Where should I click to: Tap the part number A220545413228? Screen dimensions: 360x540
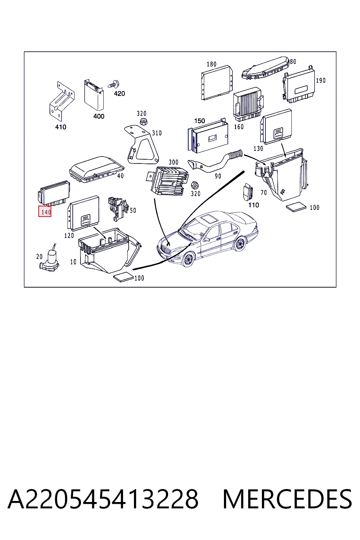(x=103, y=499)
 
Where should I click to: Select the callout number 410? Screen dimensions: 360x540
(x=61, y=127)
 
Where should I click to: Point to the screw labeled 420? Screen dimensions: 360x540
(x=114, y=84)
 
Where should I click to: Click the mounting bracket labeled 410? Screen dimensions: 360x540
(x=62, y=101)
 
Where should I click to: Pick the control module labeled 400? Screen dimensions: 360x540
(x=94, y=95)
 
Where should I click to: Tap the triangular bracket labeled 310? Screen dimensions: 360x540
(x=141, y=144)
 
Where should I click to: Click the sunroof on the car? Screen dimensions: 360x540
(x=209, y=219)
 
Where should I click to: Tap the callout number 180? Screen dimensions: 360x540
(x=212, y=64)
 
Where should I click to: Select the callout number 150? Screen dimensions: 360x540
(x=200, y=121)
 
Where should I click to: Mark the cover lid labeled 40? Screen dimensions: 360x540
(x=96, y=169)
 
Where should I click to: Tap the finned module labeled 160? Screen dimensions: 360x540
(x=248, y=104)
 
